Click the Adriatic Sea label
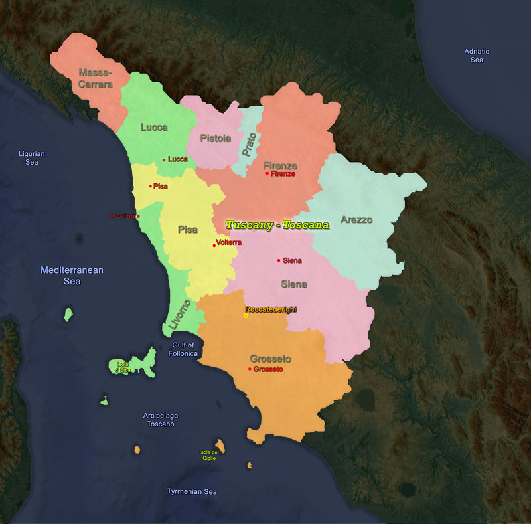click(477, 56)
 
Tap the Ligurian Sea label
click(32, 158)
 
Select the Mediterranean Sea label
click(72, 276)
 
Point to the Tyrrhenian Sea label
click(191, 492)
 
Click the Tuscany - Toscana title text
click(277, 225)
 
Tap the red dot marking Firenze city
click(267, 173)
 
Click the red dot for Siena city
click(279, 260)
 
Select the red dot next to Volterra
click(214, 246)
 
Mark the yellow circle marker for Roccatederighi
click(246, 316)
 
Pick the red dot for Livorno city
click(138, 217)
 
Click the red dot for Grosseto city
click(250, 369)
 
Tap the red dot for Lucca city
click(164, 160)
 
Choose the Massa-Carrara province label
click(96, 78)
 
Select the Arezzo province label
click(356, 220)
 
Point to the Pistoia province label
click(216, 139)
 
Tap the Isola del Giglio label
click(209, 455)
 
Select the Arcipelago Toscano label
click(161, 420)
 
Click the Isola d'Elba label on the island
click(123, 367)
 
